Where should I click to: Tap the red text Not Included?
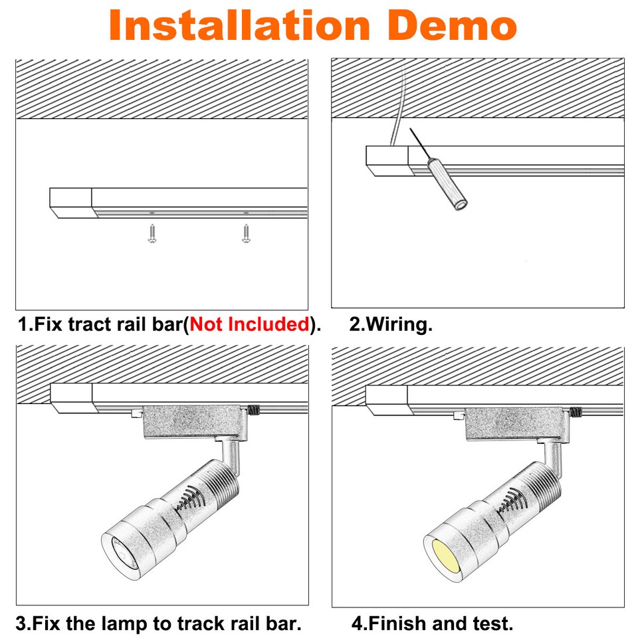[249, 325]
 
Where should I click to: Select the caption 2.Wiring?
[391, 325]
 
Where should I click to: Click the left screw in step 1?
[152, 233]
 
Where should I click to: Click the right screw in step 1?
[246, 233]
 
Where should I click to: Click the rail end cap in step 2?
[387, 161]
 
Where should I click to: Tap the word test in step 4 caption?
[495, 624]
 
